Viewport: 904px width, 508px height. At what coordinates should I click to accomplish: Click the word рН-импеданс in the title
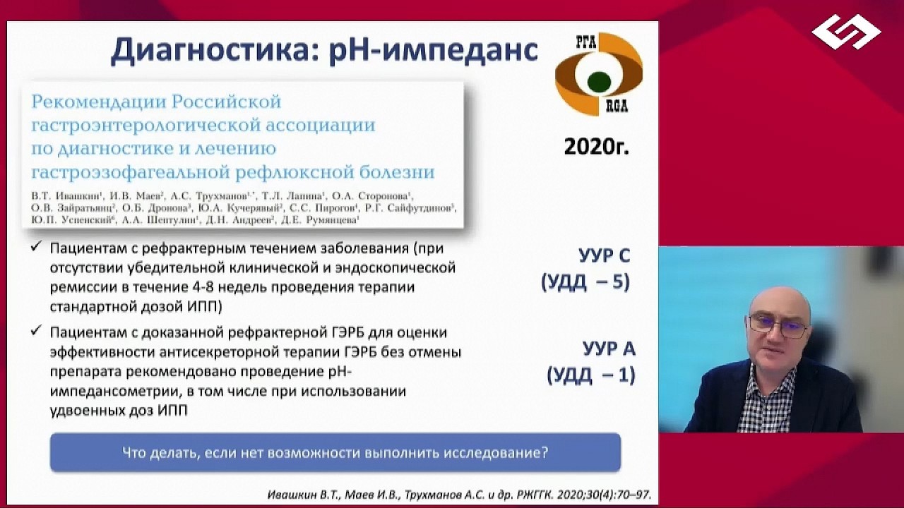click(434, 51)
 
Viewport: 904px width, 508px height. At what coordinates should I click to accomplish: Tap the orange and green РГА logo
click(598, 73)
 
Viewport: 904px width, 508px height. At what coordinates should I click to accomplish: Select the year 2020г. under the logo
click(596, 147)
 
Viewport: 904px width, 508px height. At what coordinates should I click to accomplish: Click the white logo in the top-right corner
click(845, 32)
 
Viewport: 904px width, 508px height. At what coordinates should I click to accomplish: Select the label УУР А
click(609, 349)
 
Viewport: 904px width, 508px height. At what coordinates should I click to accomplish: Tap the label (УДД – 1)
click(590, 375)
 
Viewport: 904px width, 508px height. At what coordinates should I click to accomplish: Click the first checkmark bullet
click(37, 248)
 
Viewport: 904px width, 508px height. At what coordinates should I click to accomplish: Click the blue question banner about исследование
click(335, 452)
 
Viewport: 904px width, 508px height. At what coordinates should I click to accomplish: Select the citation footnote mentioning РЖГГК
click(459, 495)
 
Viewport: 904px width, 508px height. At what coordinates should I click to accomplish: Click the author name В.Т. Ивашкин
click(62, 195)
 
